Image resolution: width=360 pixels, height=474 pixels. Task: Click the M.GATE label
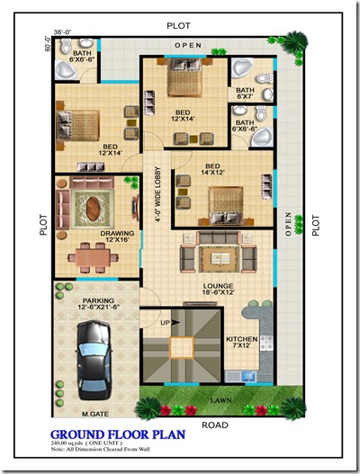[x=94, y=413]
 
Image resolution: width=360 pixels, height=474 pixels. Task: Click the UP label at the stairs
[x=165, y=321]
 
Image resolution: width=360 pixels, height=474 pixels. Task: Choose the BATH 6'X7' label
[x=245, y=94]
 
